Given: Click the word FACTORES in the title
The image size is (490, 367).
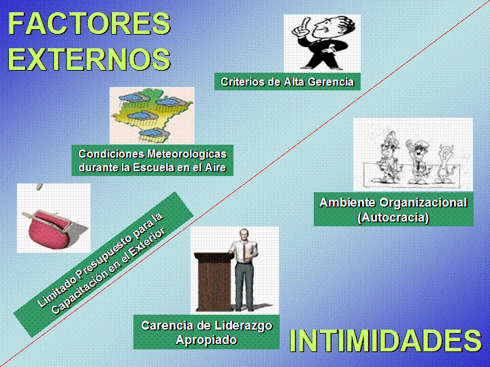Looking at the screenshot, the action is pyautogui.click(x=89, y=23).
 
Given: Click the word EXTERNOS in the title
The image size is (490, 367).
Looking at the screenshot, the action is pyautogui.click(x=89, y=59).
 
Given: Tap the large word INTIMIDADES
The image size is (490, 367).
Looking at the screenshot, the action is pyautogui.click(x=385, y=340).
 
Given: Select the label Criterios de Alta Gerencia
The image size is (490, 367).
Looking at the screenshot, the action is pyautogui.click(x=287, y=82).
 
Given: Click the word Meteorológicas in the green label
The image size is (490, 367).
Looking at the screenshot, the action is pyautogui.click(x=186, y=154).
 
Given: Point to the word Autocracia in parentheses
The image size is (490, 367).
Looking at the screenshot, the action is pyautogui.click(x=393, y=217).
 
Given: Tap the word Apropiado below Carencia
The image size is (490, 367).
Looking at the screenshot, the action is pyautogui.click(x=206, y=340).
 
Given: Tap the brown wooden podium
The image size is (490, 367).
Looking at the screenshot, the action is pyautogui.click(x=214, y=281).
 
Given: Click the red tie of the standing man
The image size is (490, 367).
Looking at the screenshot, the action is pyautogui.click(x=244, y=250).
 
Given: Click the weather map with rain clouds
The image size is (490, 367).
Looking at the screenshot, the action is pyautogui.click(x=152, y=116).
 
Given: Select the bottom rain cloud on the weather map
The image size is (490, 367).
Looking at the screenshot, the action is pyautogui.click(x=154, y=134).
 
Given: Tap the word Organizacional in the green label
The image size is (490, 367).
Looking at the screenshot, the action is pyautogui.click(x=423, y=203).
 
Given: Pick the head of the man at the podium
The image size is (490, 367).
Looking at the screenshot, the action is pyautogui.click(x=244, y=234).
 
